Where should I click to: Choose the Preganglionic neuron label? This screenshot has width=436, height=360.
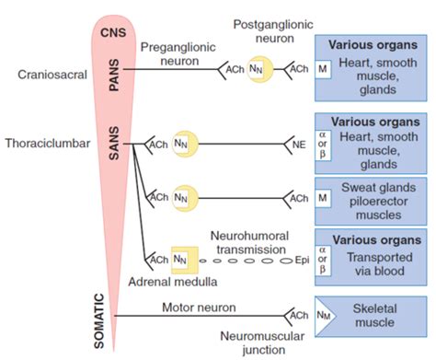pyautogui.click(x=175, y=53)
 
